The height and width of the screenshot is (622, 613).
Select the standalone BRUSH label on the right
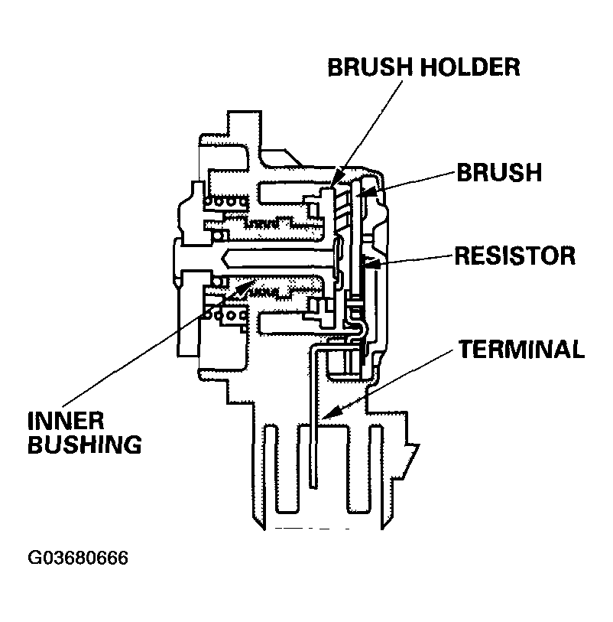click(x=498, y=172)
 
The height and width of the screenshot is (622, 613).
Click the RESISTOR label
click(x=514, y=255)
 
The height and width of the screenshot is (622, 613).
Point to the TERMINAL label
click(x=522, y=350)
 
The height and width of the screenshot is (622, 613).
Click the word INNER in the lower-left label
click(x=67, y=422)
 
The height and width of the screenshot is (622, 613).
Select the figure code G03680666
click(x=78, y=558)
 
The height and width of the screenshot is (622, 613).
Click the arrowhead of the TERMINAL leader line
click(x=326, y=415)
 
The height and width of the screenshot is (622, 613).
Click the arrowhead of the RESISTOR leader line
click(x=367, y=264)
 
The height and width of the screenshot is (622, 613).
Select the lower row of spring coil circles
click(x=226, y=314)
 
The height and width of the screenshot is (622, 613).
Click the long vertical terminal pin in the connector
click(x=313, y=428)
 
